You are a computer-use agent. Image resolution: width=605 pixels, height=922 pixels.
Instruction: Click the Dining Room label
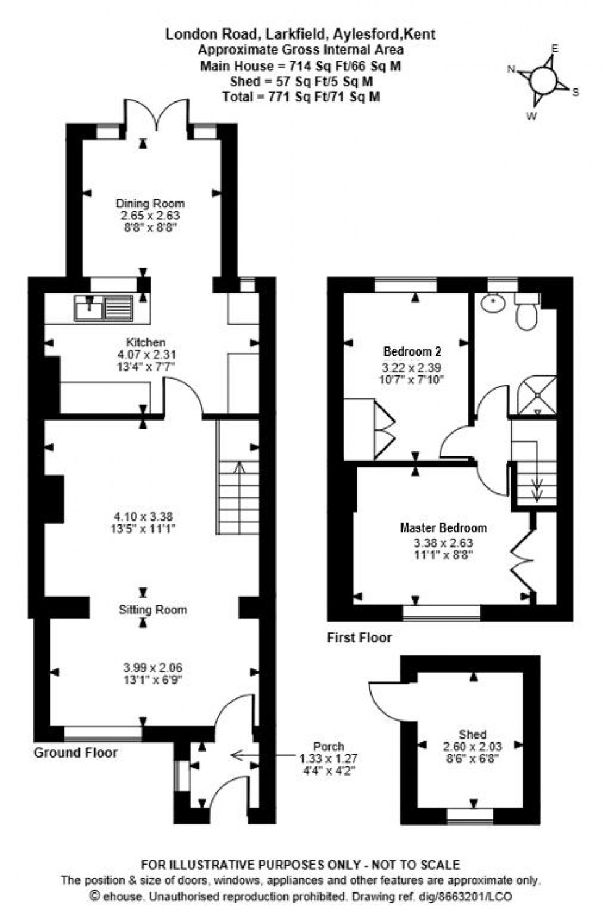(150, 203)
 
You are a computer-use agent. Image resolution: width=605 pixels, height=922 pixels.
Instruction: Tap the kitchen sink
(103, 308)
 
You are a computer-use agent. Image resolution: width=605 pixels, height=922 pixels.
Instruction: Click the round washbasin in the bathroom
(494, 303)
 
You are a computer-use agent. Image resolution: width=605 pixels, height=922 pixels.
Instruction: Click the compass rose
(543, 80)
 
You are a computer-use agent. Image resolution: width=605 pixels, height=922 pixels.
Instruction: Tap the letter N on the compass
(511, 70)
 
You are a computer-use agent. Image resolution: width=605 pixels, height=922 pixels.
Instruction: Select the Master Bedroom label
(443, 528)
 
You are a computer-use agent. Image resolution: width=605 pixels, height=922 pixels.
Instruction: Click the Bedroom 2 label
(412, 352)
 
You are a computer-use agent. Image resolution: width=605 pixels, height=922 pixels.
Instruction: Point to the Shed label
(472, 734)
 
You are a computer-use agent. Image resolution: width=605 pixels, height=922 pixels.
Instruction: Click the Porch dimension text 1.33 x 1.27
(328, 758)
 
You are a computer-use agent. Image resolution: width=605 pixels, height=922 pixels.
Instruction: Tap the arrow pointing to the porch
(259, 755)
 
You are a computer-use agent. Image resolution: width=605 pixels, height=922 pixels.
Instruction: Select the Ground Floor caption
(75, 752)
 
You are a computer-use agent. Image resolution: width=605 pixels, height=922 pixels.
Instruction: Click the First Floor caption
(359, 637)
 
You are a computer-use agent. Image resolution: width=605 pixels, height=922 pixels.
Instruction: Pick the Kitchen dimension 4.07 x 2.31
(146, 354)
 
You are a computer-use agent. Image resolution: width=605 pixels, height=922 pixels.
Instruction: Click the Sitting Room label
(152, 610)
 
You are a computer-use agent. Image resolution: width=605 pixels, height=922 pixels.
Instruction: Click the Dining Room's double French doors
(157, 115)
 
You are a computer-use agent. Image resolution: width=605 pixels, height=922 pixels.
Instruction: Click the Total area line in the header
(301, 96)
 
